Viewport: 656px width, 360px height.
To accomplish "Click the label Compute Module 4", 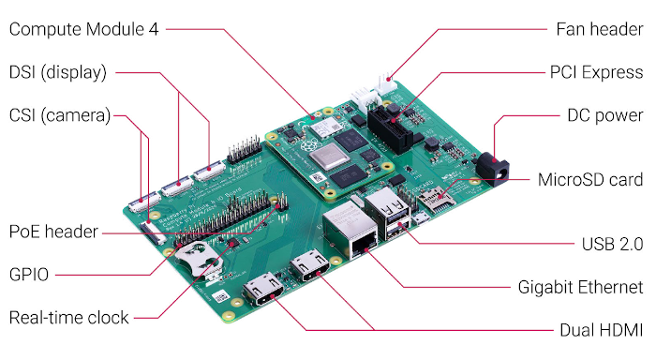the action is [x=83, y=29].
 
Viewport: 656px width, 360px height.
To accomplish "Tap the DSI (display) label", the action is [x=58, y=72].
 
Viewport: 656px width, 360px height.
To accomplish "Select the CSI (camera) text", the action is [x=59, y=115].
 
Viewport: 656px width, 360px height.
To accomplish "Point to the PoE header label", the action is [x=53, y=232].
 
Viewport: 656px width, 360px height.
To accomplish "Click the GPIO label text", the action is [x=29, y=275].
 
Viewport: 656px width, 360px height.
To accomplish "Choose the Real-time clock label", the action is [x=68, y=318].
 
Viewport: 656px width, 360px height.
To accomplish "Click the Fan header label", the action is [x=600, y=29].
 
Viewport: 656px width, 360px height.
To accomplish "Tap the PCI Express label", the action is [x=596, y=72].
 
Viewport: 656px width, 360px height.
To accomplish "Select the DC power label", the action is [x=605, y=115].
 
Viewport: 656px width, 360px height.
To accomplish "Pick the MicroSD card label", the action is [x=590, y=180].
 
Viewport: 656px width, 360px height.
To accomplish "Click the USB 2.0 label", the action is [x=613, y=245].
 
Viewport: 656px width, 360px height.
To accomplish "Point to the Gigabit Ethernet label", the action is [x=581, y=288].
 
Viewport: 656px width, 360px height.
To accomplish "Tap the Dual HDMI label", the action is [x=602, y=330].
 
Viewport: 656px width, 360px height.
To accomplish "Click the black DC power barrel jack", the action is [x=494, y=168].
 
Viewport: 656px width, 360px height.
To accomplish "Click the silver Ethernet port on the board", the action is [x=350, y=231].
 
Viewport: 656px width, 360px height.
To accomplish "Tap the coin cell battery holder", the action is [x=198, y=259].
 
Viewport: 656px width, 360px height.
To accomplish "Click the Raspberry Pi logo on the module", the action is [x=307, y=146].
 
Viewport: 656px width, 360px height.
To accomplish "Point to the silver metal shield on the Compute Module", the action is [x=329, y=157].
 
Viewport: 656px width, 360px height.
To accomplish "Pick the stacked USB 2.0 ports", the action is [x=388, y=214].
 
